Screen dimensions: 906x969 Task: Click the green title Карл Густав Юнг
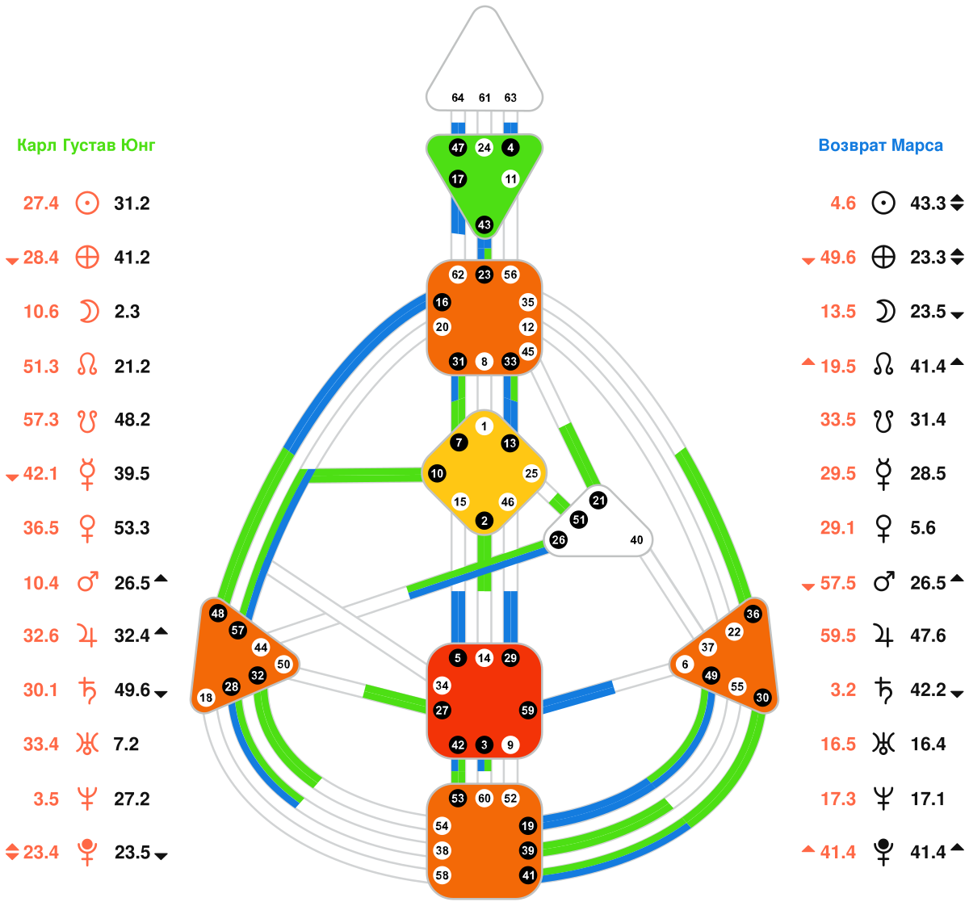[86, 146]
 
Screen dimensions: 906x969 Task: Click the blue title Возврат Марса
[880, 146]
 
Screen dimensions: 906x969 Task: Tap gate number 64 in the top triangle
[458, 98]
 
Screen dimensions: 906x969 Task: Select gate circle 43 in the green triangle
[484, 224]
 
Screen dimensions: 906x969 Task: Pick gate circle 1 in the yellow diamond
[484, 426]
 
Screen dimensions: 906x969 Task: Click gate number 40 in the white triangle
[636, 540]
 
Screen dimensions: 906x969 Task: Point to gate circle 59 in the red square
[527, 711]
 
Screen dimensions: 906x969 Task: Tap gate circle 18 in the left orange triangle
[206, 698]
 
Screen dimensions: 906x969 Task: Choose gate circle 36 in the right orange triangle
[753, 614]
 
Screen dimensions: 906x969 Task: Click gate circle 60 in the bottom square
[484, 799]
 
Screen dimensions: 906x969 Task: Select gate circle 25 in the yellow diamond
[531, 473]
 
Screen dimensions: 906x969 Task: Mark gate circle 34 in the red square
[442, 686]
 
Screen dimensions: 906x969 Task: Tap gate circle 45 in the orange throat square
[527, 351]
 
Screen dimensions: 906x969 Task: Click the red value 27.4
[41, 203]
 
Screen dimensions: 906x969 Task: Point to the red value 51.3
[41, 367]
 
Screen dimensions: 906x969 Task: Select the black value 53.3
[132, 528]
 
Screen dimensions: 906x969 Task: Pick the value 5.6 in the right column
[923, 528]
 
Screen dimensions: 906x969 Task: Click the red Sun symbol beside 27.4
[87, 203]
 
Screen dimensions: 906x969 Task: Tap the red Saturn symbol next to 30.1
[87, 690]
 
